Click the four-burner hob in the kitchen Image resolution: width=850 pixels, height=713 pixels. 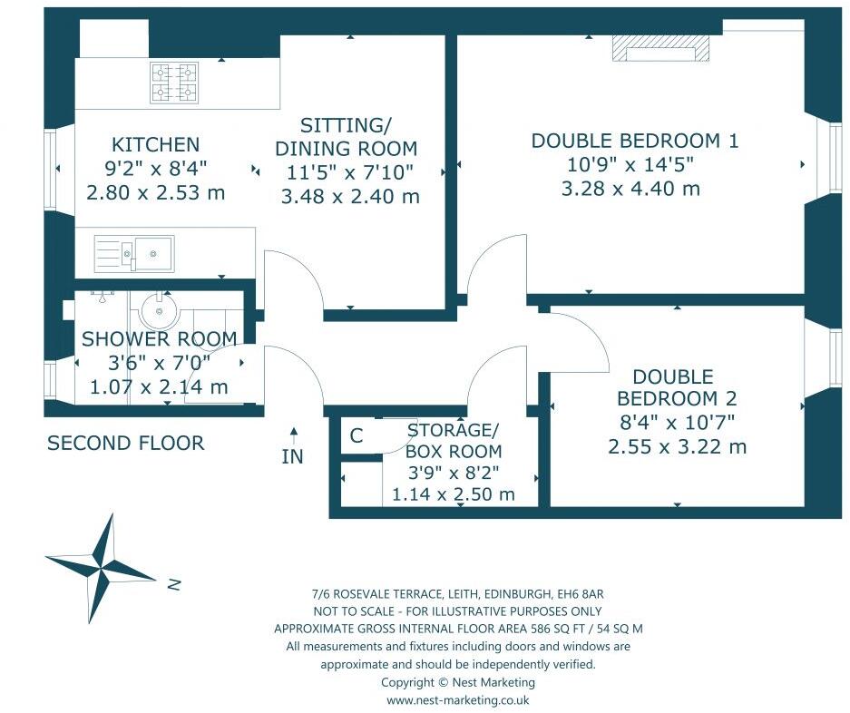click(174, 83)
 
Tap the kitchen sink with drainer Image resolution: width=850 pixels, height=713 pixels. click(134, 253)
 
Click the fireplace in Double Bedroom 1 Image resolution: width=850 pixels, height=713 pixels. click(660, 49)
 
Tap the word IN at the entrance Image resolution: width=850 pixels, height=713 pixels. click(292, 456)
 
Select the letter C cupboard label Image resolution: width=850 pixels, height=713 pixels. click(357, 436)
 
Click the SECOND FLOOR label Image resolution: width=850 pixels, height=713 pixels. click(125, 443)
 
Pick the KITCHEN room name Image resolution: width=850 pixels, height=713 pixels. click(155, 144)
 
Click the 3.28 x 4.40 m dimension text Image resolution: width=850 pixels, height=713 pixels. click(630, 189)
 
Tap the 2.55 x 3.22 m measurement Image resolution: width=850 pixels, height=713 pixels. click(677, 446)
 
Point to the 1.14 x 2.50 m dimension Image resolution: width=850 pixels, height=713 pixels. click(453, 494)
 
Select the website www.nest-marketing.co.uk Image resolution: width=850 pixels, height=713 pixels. click(457, 699)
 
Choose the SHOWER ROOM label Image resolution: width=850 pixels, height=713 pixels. click(159, 339)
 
